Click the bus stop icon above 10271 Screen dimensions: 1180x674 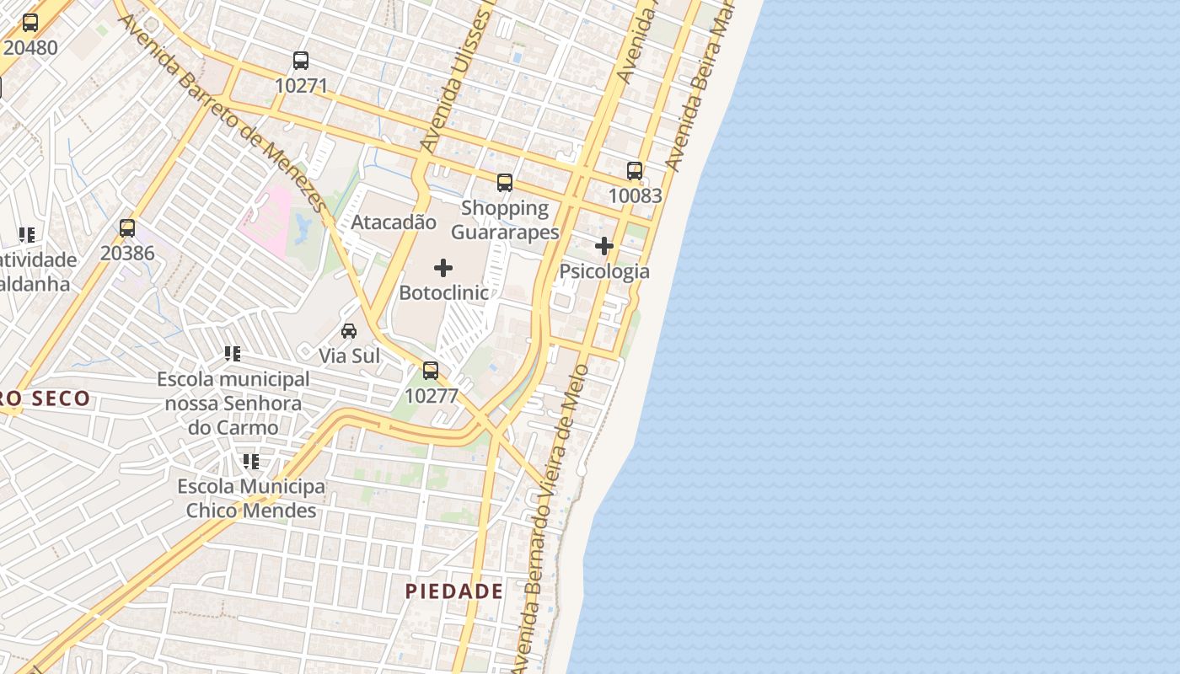coord(301,61)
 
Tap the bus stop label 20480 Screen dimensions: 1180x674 coord(30,47)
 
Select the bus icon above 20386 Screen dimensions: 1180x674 coord(127,228)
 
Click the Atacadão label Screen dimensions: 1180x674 coord(394,222)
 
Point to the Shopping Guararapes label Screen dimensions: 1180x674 coord(505,220)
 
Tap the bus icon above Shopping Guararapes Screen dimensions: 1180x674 coord(505,183)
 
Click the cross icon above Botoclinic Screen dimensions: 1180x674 coord(443,268)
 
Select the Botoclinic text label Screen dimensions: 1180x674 coord(443,293)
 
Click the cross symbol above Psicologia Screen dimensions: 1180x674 coord(604,246)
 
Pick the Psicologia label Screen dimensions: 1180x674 coord(605,271)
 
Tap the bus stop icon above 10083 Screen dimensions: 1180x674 coord(635,171)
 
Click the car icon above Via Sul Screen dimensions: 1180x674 coord(349,331)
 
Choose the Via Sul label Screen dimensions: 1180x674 coord(350,356)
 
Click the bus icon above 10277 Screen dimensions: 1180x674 coord(431,371)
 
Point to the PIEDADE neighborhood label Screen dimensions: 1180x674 coord(454,591)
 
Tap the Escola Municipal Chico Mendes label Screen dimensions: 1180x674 coord(251,499)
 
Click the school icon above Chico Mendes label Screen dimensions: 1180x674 coord(251,462)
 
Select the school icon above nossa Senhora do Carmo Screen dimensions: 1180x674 coord(233,354)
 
